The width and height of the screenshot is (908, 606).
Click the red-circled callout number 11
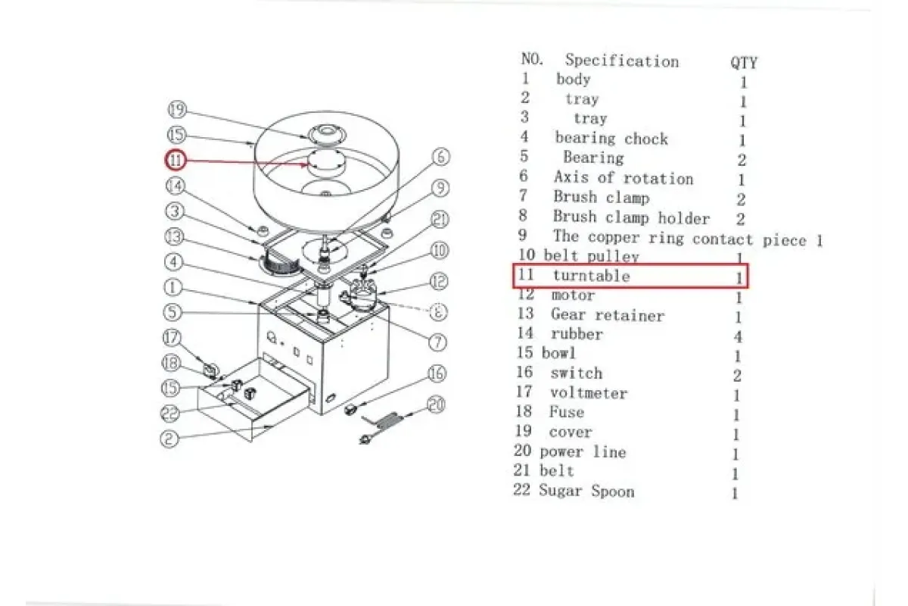[x=175, y=160]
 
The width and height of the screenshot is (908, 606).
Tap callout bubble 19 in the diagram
[x=177, y=110]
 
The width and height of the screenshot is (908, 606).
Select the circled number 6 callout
[x=441, y=157]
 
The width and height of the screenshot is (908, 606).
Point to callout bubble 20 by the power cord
[x=436, y=405]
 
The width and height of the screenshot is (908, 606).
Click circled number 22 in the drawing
[x=169, y=413]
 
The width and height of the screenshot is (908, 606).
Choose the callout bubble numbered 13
[x=174, y=236]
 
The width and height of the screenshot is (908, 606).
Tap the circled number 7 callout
[x=438, y=342]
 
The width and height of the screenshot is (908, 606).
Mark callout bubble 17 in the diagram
[x=172, y=338]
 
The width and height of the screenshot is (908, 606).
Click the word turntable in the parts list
[x=592, y=276]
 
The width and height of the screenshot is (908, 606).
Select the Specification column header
[x=622, y=61]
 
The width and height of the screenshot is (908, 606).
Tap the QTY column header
[x=744, y=63]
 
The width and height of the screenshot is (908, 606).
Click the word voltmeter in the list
[x=589, y=393]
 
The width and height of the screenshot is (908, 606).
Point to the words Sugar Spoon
[x=586, y=491]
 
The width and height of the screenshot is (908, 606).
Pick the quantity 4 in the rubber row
[x=738, y=336]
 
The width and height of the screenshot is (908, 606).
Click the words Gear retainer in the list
[x=608, y=315]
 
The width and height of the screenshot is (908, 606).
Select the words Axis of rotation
[x=623, y=178]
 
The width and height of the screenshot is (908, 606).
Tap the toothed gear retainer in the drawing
[x=281, y=264]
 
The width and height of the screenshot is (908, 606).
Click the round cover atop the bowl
[x=327, y=135]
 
